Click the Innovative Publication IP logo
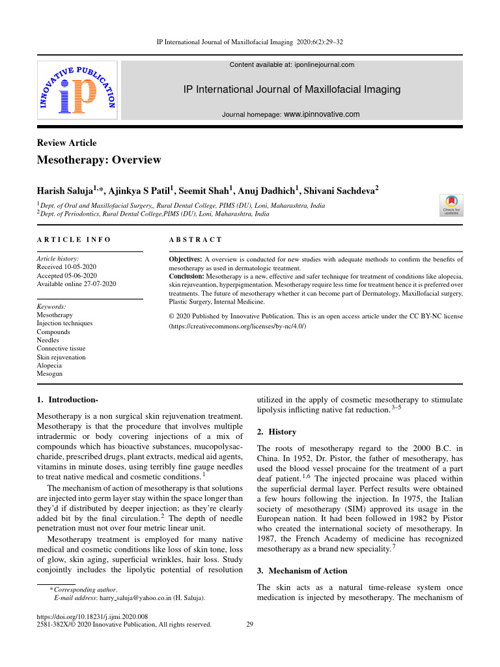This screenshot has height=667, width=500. (77, 90)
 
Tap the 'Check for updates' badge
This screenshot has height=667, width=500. (452, 205)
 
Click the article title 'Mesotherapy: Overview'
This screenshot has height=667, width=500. (99, 160)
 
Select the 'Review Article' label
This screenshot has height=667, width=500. (66, 143)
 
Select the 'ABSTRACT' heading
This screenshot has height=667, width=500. (195, 240)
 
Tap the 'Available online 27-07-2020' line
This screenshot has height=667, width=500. (77, 284)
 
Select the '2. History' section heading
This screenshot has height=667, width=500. (277, 432)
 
